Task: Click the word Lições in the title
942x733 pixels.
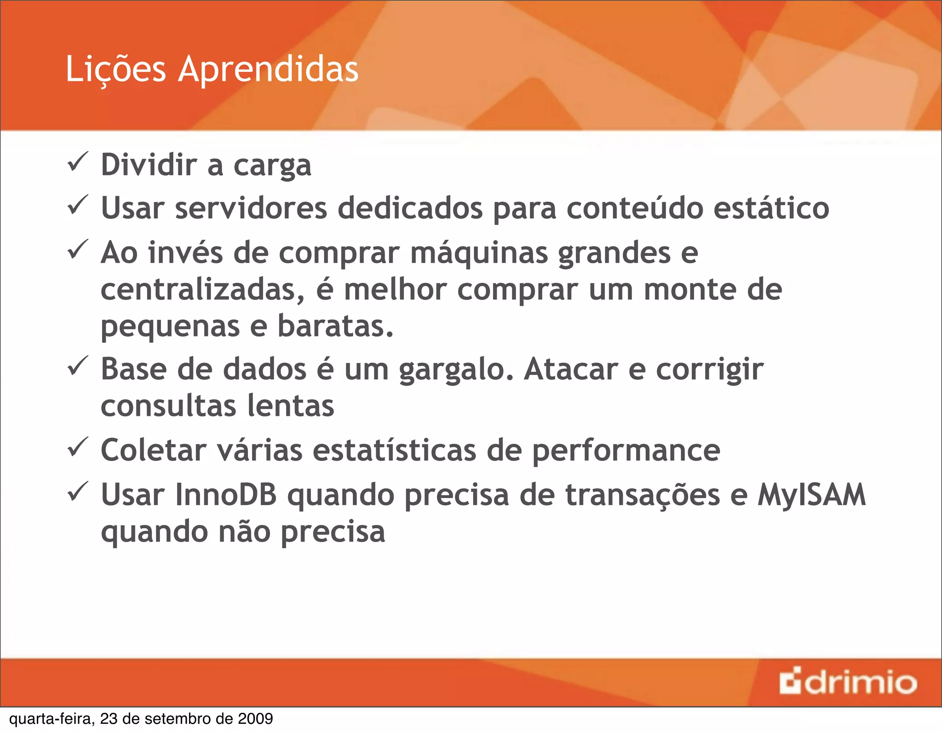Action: tap(115, 69)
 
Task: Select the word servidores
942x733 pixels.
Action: tap(251, 208)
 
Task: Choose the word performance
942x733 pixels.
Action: tap(626, 451)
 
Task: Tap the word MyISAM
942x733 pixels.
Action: tap(811, 495)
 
